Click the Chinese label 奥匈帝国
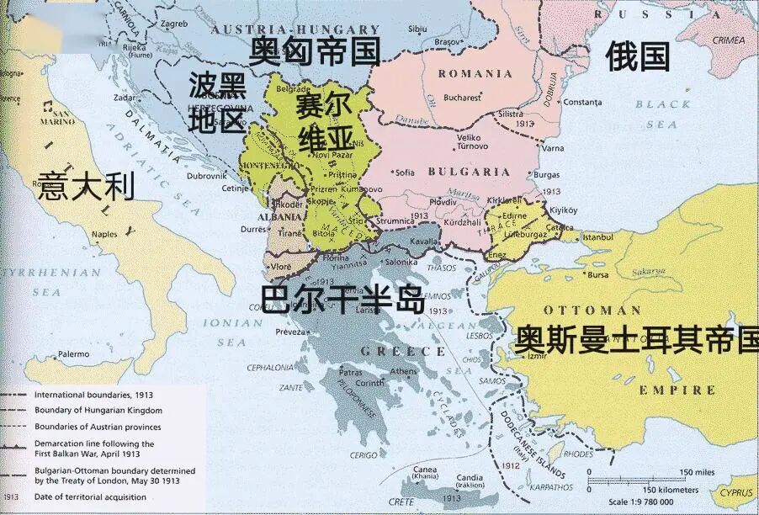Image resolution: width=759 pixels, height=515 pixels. pyautogui.click(x=314, y=51)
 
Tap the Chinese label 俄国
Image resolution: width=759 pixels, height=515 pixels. pyautogui.click(x=638, y=56)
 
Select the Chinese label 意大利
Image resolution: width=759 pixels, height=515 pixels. pyautogui.click(x=86, y=185)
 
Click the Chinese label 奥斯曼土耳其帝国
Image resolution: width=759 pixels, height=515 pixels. pyautogui.click(x=636, y=339)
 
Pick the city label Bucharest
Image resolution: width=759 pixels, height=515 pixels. pyautogui.click(x=463, y=98)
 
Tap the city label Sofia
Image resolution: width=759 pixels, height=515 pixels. pyautogui.click(x=406, y=173)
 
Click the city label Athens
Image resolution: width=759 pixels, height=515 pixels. pyautogui.click(x=404, y=371)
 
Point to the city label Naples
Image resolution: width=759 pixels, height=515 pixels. pyautogui.click(x=104, y=234)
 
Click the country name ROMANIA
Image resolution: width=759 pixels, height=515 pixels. pyautogui.click(x=475, y=74)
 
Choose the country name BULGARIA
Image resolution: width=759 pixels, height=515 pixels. pyautogui.click(x=469, y=172)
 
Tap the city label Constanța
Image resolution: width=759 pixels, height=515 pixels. pyautogui.click(x=581, y=103)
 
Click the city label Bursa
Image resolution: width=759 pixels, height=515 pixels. pyautogui.click(x=598, y=274)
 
